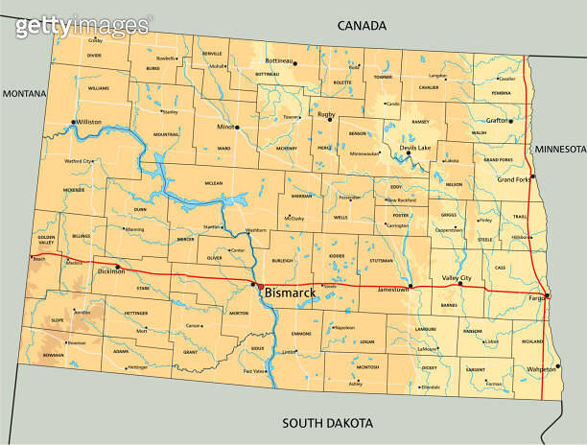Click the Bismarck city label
pyautogui.click(x=290, y=292)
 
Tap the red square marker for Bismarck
pyautogui.click(x=259, y=286)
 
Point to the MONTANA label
pyautogui.click(x=26, y=93)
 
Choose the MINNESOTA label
pyautogui.click(x=559, y=150)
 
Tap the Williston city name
pyautogui.click(x=88, y=123)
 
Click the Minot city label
pyautogui.click(x=225, y=127)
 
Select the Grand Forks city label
pyautogui.click(x=513, y=179)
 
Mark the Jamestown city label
pyautogui.click(x=390, y=289)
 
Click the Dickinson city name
pyautogui.click(x=111, y=271)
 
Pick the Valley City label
pyautogui.click(x=457, y=277)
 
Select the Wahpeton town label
pyautogui.click(x=542, y=369)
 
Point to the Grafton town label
pyautogui.click(x=498, y=121)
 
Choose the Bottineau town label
pyautogui.click(x=278, y=60)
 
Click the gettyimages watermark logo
pyautogui.click(x=82, y=26)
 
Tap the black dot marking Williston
pyautogui.click(x=74, y=122)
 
